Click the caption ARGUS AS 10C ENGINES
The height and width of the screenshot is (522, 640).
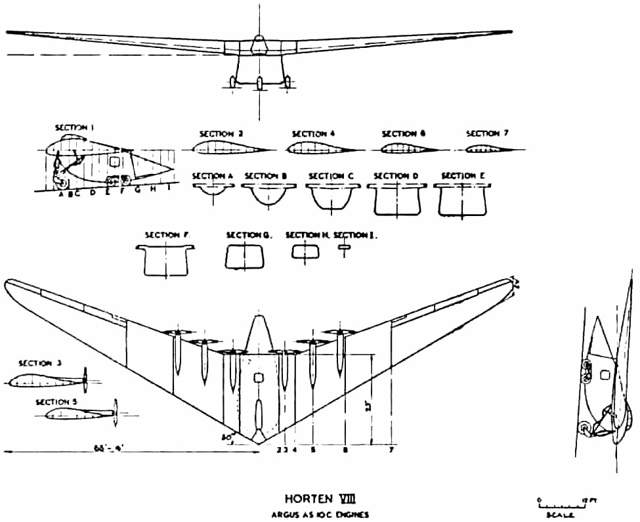point(312,515)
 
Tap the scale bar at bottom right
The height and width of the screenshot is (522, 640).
point(557,507)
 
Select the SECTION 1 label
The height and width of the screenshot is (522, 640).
point(75,128)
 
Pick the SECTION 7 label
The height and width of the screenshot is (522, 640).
point(487,133)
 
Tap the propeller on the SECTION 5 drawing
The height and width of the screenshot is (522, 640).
point(116,412)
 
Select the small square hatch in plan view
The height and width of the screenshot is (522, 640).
point(258,378)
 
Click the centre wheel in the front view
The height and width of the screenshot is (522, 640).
point(259,83)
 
